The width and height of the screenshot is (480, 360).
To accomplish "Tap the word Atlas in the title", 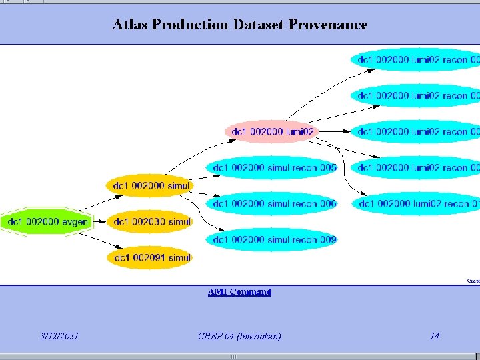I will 131,25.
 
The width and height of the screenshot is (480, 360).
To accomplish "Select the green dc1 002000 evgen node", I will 47,221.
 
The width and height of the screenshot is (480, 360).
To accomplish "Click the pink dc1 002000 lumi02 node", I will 272,132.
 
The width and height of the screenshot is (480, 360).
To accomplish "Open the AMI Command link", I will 239,292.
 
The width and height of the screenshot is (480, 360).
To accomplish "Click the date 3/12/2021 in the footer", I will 59,336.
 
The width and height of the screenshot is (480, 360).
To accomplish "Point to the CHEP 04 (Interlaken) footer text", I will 239,336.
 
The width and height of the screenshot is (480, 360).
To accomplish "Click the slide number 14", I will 435,336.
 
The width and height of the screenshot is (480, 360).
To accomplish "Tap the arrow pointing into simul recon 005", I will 197,173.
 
